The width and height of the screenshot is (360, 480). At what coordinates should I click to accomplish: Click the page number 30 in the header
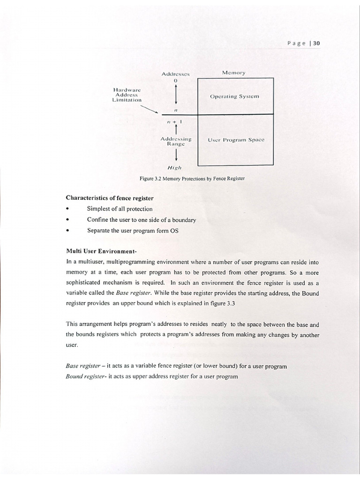coord(316,43)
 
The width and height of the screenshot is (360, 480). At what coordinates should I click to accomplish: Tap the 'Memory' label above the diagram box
coord(233,73)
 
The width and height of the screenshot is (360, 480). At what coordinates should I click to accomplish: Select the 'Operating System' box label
coord(234,96)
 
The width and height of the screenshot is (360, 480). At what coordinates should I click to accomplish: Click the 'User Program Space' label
coord(236,140)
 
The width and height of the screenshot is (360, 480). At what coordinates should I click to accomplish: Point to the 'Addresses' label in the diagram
coord(175,74)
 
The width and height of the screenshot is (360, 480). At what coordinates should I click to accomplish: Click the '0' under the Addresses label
coord(175,81)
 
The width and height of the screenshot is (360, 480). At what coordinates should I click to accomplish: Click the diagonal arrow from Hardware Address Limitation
coord(150,109)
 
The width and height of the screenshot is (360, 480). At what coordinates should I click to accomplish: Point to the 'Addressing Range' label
coord(176,142)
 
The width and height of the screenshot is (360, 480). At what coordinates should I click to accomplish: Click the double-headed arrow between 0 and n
coord(175,96)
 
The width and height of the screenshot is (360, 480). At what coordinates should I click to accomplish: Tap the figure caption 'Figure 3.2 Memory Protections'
coord(192,179)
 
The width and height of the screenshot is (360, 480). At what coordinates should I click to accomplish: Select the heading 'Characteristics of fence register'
coord(110,198)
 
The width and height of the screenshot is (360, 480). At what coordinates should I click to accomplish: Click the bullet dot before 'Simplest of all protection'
coord(68,209)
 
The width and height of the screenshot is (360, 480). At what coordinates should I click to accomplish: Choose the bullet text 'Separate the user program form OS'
coord(133,230)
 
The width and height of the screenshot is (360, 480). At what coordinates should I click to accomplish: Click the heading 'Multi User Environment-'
coord(101,251)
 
